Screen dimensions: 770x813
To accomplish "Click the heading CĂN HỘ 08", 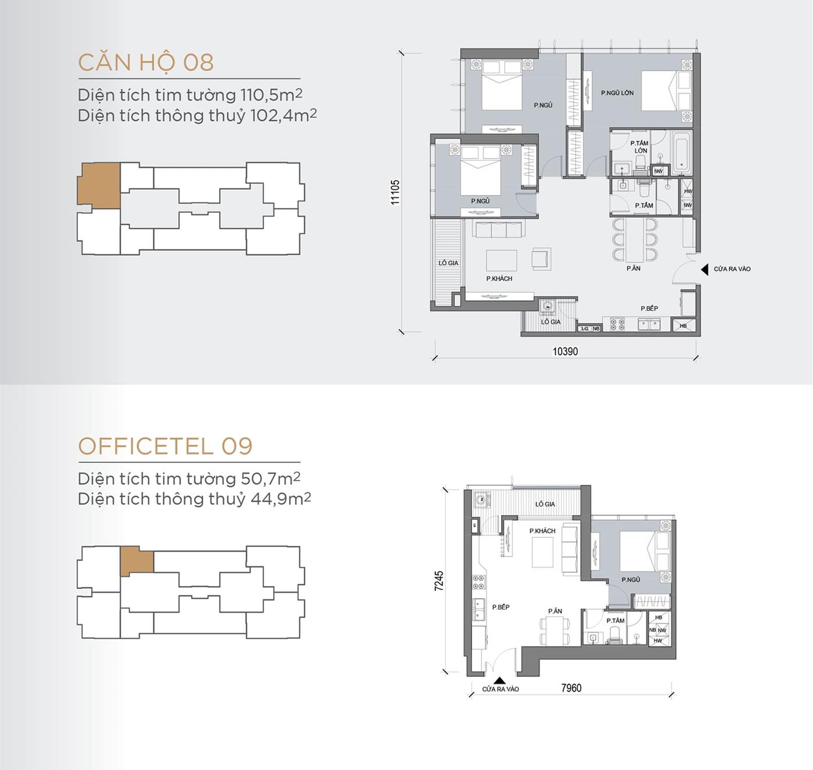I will [146, 63].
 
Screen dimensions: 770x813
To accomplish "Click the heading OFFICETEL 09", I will [165, 446].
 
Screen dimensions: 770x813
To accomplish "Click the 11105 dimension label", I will [395, 192].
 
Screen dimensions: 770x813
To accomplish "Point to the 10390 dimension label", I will [565, 351].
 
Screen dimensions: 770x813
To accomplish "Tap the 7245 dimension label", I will [439, 581].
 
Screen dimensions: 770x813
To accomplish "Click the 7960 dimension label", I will [571, 688].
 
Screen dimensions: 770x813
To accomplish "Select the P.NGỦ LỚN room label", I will [617, 93].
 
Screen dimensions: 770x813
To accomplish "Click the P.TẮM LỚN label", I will [640, 147].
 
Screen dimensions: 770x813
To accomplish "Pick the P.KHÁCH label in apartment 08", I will [499, 279].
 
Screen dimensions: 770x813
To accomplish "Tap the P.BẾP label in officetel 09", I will [501, 607].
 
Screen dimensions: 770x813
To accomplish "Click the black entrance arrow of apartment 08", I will [704, 269].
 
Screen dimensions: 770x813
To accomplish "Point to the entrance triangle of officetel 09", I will [498, 680].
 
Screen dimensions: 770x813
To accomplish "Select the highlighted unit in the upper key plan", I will [99, 184].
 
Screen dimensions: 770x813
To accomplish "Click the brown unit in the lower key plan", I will [138, 559].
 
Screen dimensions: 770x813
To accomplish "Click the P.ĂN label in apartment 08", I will [634, 268].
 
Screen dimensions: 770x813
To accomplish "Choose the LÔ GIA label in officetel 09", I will [545, 504].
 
